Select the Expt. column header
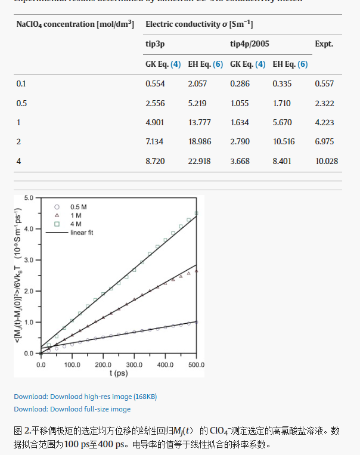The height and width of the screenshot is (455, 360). (x=324, y=44)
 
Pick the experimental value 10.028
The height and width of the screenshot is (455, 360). (x=327, y=161)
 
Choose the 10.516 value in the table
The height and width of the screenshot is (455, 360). (x=284, y=141)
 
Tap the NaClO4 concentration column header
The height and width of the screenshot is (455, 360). (x=75, y=24)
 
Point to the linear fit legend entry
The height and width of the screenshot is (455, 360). (x=77, y=233)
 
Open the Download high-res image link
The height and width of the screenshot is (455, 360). (x=85, y=397)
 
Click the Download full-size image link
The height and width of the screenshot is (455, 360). (x=72, y=409)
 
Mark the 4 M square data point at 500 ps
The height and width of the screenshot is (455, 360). (x=196, y=213)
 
